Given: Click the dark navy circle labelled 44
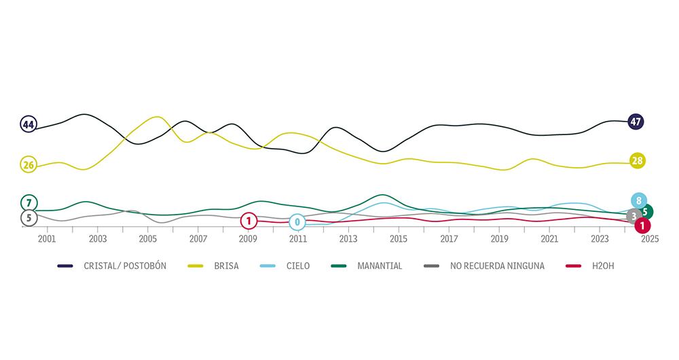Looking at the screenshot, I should click(29, 124).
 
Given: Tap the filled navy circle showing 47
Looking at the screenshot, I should click(636, 122).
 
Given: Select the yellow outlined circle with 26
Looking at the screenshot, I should click(29, 164).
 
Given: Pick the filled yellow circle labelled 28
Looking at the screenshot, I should click(637, 161).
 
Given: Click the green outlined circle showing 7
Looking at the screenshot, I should click(29, 202).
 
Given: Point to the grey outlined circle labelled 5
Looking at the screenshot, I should click(29, 218).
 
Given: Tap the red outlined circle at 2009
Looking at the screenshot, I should click(249, 221).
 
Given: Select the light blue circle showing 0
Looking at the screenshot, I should click(297, 222).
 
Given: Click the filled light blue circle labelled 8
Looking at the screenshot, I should click(638, 200).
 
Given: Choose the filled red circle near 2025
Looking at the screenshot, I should click(642, 226).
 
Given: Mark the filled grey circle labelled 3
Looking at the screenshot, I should click(634, 217).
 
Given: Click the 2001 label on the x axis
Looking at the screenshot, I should click(47, 239).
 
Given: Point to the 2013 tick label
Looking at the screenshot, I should click(348, 239).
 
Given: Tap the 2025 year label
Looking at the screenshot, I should click(650, 239).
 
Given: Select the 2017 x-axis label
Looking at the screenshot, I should click(449, 239).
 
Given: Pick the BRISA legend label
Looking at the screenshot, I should click(226, 266).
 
